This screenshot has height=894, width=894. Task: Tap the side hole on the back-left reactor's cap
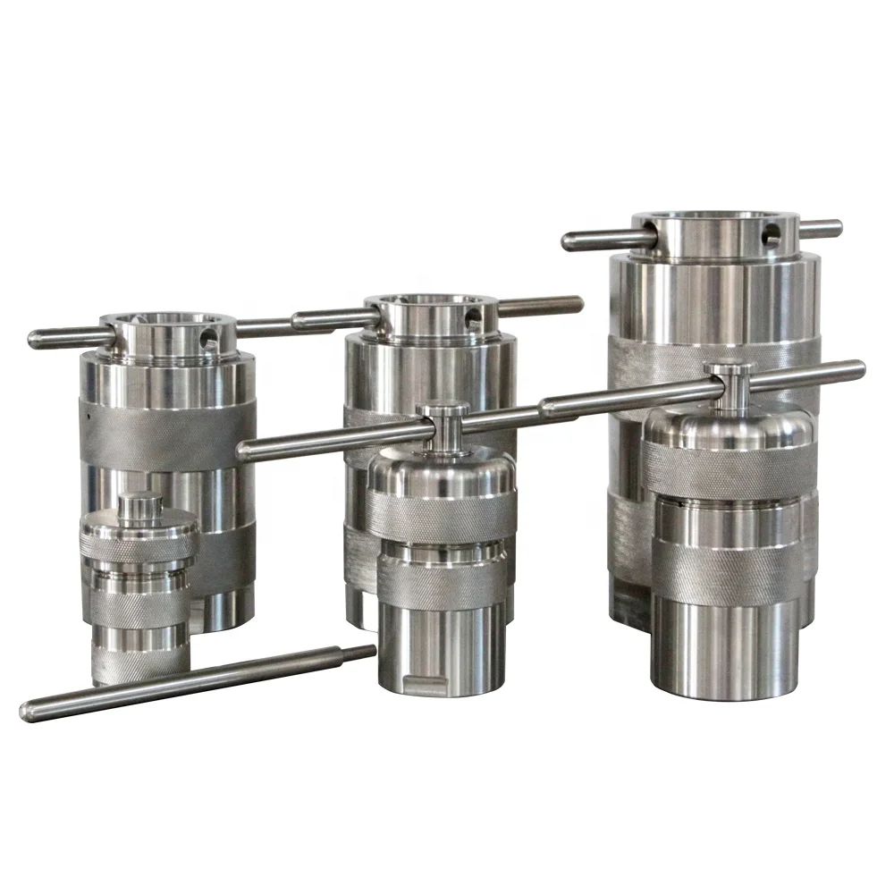pyautogui.click(x=208, y=338)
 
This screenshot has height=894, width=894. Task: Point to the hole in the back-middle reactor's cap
pyautogui.click(x=471, y=316)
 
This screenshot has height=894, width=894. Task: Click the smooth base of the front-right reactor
pyautogui.click(x=724, y=648)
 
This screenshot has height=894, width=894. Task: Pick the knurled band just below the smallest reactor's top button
pyautogui.click(x=139, y=542)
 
